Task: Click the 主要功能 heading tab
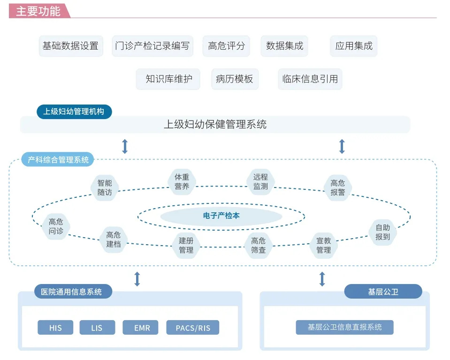click(38, 11)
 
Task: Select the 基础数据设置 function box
click(70, 46)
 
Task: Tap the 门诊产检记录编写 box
click(153, 46)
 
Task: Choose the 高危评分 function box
click(226, 46)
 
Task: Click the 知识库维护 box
click(168, 79)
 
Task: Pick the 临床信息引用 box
click(310, 79)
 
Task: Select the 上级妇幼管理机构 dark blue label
click(74, 112)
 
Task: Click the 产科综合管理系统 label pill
click(58, 160)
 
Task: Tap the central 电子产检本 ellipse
click(221, 216)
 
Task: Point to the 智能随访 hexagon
click(105, 187)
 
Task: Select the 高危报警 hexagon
click(337, 187)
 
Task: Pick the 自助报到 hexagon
click(382, 232)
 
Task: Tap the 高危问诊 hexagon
click(56, 226)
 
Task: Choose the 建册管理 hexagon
click(186, 245)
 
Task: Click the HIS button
click(55, 328)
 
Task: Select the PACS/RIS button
click(193, 328)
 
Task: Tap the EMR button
click(142, 328)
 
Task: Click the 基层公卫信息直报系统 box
click(344, 327)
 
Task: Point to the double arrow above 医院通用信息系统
click(137, 279)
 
